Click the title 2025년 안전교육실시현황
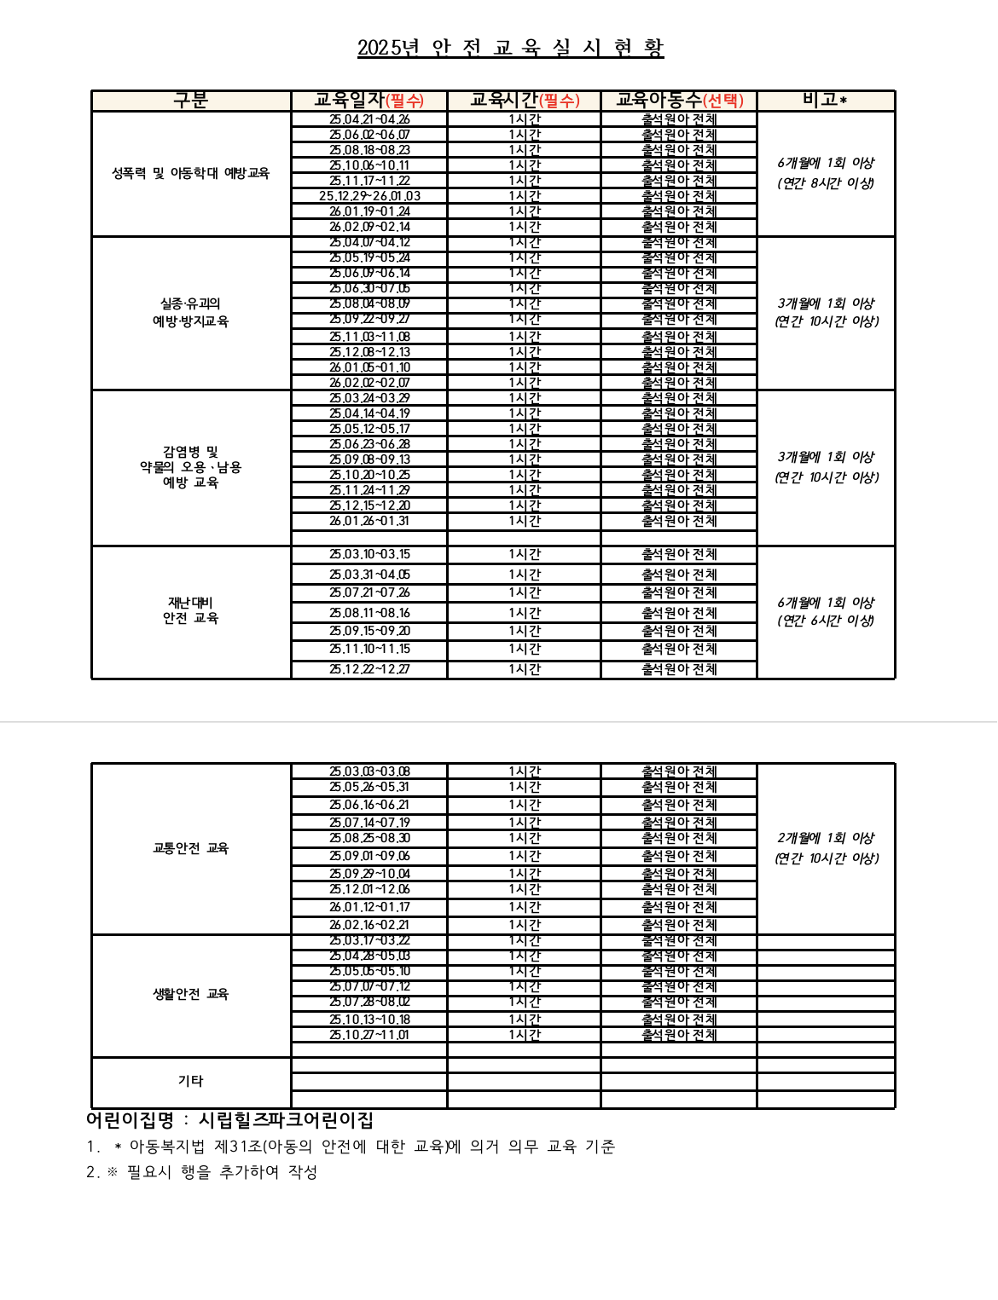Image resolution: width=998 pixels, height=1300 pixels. (510, 48)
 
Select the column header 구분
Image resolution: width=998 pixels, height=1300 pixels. (191, 101)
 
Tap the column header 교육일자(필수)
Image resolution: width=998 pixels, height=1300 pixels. (368, 101)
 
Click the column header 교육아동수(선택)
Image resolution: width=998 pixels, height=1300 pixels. (679, 101)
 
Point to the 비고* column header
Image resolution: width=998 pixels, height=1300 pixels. (825, 101)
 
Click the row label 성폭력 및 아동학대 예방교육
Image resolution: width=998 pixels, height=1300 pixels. (190, 173)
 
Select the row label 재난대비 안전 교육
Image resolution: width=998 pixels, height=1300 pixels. (190, 610)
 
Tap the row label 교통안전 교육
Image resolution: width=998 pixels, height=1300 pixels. (190, 848)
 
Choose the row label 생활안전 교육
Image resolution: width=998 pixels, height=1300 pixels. (190, 994)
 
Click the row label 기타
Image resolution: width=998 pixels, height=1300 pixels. (190, 1081)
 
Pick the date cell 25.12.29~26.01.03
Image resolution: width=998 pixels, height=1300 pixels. (369, 196)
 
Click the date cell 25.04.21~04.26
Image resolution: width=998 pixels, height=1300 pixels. (369, 119)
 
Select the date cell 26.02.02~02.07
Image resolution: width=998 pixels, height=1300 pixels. (369, 383)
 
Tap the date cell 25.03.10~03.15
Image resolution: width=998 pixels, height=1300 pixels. (369, 554)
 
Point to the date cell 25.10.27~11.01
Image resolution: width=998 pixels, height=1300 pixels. (369, 1035)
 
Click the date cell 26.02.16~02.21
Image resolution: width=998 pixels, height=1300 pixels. (369, 925)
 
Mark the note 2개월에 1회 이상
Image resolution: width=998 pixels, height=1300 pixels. (826, 838)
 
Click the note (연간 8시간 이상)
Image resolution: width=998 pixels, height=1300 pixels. (826, 183)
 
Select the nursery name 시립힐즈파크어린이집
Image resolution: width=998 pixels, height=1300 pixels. (286, 1120)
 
